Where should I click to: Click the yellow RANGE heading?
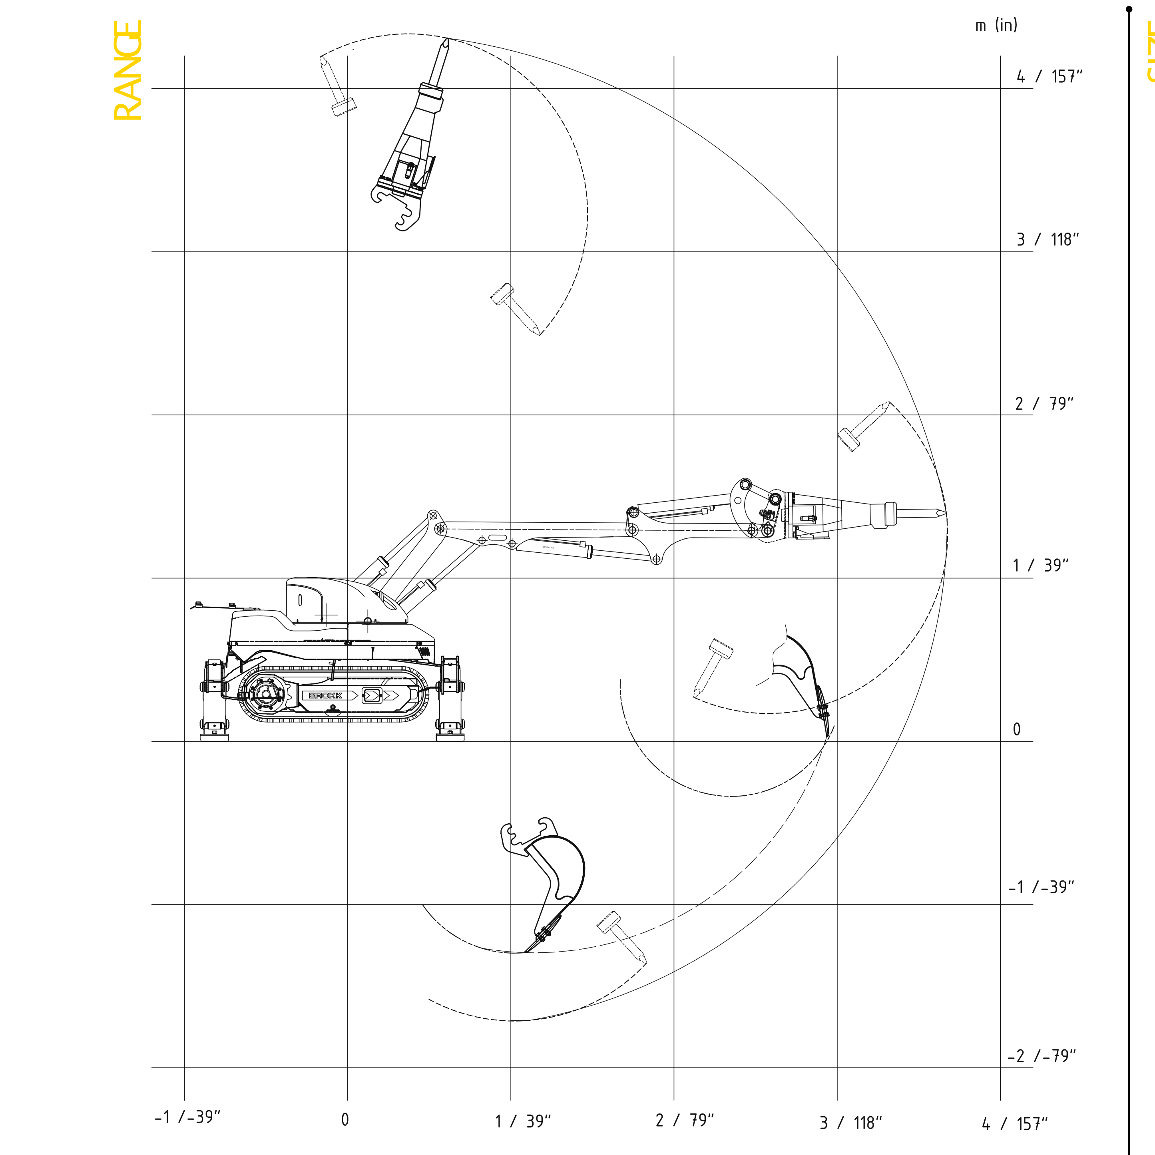click(127, 71)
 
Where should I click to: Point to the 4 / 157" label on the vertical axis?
click(1049, 76)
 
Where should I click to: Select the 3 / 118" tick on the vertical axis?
click(1047, 240)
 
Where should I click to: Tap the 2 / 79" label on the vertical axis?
click(1044, 404)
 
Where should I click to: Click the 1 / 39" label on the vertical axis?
click(1040, 566)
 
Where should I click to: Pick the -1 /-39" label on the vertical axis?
click(1041, 887)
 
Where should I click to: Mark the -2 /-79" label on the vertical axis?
click(1041, 1056)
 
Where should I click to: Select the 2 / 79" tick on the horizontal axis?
click(685, 1120)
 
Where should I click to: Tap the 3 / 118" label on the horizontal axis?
click(850, 1123)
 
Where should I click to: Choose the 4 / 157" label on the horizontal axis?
click(1014, 1124)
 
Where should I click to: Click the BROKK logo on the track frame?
click(325, 695)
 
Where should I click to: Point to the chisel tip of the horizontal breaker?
click(944, 513)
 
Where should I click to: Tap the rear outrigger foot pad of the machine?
click(214, 737)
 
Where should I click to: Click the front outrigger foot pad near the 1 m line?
click(450, 737)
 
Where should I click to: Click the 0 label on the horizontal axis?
click(345, 1120)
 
